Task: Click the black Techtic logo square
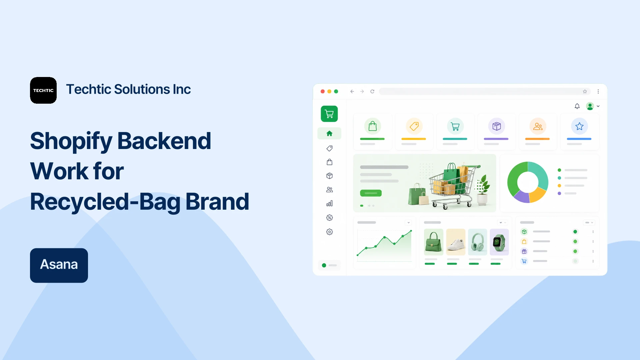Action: [x=43, y=90]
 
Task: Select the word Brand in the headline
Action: [x=217, y=202]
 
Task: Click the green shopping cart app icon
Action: [x=329, y=114]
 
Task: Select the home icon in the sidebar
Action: [x=329, y=133]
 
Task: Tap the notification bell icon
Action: [x=577, y=106]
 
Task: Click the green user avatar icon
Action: [x=590, y=106]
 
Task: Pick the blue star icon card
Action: [x=579, y=132]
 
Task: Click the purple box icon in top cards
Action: [x=497, y=126]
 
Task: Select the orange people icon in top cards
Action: [x=538, y=126]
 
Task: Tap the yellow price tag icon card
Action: [x=414, y=132]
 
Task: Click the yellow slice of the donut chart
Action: [x=538, y=195]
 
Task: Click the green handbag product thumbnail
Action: [x=434, y=242]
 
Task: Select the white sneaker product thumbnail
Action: [x=456, y=242]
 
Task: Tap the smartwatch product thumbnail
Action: [x=499, y=242]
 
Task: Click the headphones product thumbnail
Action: [x=478, y=242]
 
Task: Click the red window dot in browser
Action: [x=323, y=91]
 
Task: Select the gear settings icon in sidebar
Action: [x=329, y=232]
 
